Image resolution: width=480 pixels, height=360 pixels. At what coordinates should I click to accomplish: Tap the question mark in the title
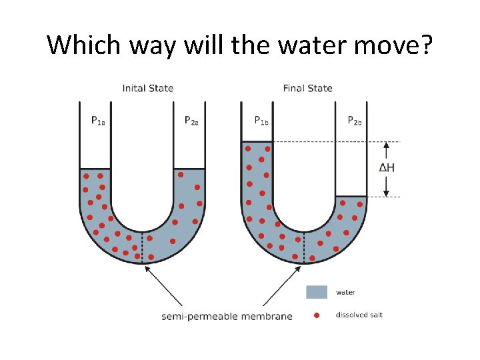tap(425, 45)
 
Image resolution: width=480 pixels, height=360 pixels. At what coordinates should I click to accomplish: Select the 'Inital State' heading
tap(148, 88)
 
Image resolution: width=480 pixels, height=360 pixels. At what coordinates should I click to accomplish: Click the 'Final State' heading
tap(307, 88)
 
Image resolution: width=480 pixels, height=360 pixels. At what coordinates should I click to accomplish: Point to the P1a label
tap(98, 121)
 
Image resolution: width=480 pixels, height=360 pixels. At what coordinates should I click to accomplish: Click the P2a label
tap(191, 121)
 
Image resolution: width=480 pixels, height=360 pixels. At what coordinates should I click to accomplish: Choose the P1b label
tap(262, 121)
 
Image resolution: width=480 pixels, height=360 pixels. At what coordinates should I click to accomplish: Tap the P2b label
tap(355, 121)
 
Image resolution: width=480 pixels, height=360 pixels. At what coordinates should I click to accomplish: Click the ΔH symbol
tap(387, 168)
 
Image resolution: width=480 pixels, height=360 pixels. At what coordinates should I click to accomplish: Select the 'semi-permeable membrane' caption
tap(227, 316)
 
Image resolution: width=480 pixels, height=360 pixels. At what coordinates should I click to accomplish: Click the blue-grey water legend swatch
tap(317, 292)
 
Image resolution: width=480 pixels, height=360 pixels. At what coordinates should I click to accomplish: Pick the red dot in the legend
tap(317, 315)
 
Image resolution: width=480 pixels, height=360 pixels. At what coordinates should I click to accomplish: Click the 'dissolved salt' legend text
tap(359, 315)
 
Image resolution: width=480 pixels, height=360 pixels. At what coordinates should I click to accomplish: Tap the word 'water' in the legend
tap(345, 292)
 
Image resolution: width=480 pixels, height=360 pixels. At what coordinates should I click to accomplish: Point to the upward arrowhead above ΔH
tap(386, 145)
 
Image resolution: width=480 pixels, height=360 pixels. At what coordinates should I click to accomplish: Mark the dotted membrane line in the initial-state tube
tap(142, 247)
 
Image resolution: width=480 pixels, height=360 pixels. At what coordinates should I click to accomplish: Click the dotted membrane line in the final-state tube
tap(305, 247)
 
